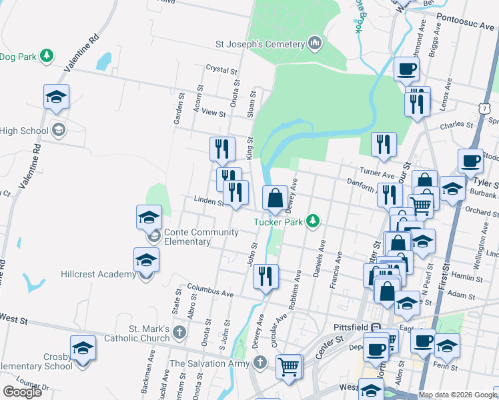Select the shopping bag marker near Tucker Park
tap(275, 198)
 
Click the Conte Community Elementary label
tap(201, 237)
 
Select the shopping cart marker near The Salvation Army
tap(288, 366)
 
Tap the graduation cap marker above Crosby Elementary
tap(83, 349)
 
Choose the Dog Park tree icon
tap(47, 55)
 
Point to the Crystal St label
tap(222, 69)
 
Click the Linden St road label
tap(207, 199)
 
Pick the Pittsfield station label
tap(352, 327)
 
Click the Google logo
tap(22, 392)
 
